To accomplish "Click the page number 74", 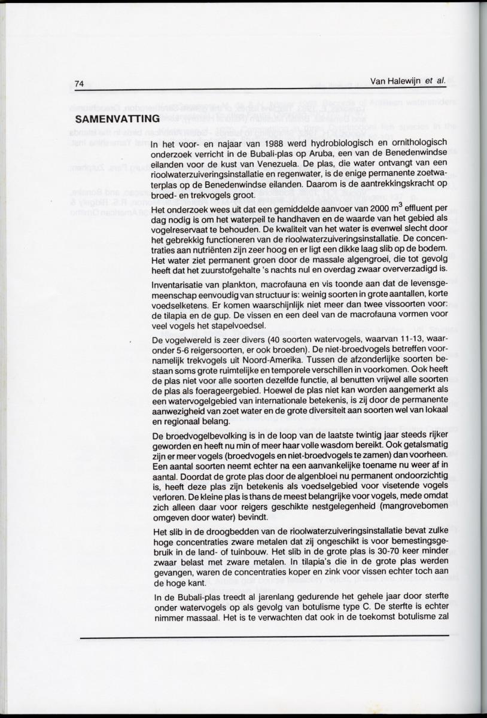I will click(79, 84).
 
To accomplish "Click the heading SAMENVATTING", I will click(117, 119).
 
